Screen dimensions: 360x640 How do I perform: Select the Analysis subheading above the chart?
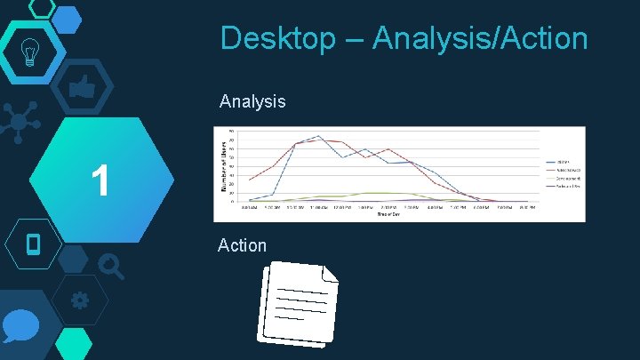(x=252, y=102)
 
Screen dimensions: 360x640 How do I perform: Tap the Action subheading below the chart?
(x=242, y=244)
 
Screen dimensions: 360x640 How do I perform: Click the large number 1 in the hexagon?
(x=100, y=180)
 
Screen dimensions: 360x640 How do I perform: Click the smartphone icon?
(x=33, y=243)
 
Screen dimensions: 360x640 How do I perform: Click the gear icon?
(x=79, y=300)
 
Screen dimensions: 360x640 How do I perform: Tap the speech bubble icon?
(x=19, y=326)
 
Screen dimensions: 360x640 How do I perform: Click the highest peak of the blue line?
(x=319, y=136)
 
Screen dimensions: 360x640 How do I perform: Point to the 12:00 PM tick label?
(x=342, y=207)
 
